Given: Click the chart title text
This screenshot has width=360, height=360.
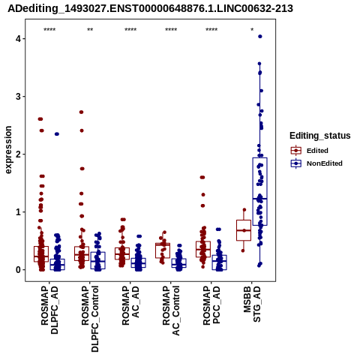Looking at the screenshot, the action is [150, 9].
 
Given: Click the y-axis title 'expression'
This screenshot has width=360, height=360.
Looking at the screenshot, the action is [8, 150].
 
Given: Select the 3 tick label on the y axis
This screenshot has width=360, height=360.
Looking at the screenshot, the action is [19, 97].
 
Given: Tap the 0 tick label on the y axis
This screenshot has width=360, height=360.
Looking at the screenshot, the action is [19, 270].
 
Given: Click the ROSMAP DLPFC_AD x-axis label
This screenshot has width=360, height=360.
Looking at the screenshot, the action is [49, 310].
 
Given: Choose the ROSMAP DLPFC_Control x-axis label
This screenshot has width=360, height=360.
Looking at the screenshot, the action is [90, 319].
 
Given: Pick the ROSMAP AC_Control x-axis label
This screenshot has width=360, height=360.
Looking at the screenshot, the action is [171, 310].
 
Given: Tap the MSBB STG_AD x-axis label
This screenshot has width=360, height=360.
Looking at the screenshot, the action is [252, 304].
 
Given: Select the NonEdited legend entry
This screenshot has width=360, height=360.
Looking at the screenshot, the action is [316, 163].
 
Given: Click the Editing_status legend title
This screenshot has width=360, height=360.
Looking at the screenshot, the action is [320, 136].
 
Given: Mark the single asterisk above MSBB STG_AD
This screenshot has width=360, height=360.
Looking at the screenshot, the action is [252, 30].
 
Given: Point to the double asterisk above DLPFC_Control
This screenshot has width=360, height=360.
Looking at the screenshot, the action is [90, 30].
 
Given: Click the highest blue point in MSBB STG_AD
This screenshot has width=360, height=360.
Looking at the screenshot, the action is [260, 37].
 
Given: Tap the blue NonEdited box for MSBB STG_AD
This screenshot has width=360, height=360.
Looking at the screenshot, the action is [260, 191].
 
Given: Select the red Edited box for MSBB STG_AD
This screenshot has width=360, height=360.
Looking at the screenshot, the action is [244, 230].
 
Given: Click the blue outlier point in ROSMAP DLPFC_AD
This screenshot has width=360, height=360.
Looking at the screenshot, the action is [57, 134].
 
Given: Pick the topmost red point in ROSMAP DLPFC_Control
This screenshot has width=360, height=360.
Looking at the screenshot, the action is [81, 112].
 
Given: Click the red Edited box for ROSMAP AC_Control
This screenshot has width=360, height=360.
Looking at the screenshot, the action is [163, 250].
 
